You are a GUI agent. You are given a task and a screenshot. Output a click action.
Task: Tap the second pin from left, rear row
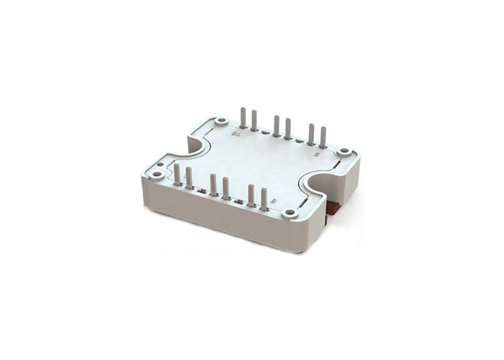coord(255,121)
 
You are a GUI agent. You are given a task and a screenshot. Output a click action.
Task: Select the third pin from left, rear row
coord(276,126)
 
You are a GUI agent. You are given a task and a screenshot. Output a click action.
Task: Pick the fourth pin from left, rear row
coord(288,129)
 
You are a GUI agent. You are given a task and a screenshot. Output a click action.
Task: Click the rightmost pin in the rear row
coord(323,138)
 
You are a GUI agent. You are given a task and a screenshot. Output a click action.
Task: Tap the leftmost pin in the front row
coord(177,175)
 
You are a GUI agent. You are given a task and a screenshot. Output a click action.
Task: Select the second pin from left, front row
coord(189,178)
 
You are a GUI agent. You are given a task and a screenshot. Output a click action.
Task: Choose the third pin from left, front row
coord(212,184)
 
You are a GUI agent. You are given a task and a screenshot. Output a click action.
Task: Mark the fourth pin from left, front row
coord(225,188)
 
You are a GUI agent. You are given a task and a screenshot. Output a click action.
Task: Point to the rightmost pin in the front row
coord(263,199)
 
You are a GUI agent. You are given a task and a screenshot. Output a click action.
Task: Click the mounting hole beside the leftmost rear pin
coord(221,120)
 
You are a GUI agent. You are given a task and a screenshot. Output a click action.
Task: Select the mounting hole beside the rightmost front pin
coord(289,213)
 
